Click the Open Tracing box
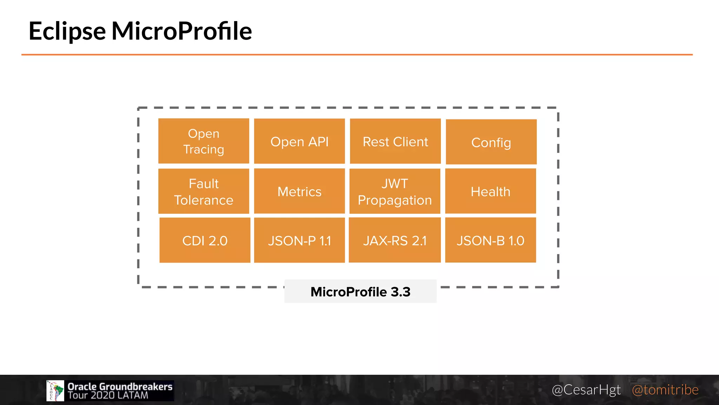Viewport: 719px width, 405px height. pos(204,141)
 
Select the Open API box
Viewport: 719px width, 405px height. pos(299,141)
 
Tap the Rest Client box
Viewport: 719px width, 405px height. pos(395,141)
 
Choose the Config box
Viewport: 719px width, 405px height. pos(491,142)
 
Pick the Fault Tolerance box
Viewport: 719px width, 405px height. pos(204,191)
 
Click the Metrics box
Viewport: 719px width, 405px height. pos(299,191)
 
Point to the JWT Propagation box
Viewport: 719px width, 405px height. pos(395,191)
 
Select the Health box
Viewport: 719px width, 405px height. pos(490,191)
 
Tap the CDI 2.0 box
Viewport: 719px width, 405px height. pos(205,240)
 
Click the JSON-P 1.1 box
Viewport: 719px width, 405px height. pos(299,240)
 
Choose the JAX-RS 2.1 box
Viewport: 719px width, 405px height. pos(395,240)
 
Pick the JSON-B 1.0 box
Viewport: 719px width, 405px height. pos(490,240)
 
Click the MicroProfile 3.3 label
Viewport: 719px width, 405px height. pos(360,291)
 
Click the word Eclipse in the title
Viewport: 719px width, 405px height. pos(67,31)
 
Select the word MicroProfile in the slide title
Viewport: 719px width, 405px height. pos(182,31)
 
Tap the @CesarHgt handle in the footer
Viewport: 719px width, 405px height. pos(586,390)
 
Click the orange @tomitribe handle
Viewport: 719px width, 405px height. pos(665,390)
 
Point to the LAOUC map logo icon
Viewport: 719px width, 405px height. pos(55,391)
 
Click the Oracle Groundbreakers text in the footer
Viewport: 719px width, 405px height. pos(120,386)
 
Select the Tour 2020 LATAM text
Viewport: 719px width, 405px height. pos(108,396)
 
